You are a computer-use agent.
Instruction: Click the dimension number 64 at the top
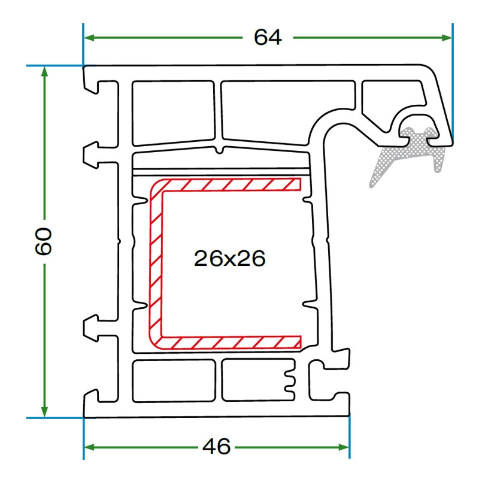(267, 37)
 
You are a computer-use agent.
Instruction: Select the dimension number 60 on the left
(44, 241)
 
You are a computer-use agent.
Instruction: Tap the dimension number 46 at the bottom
(216, 447)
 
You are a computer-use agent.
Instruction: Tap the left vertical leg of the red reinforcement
(154, 263)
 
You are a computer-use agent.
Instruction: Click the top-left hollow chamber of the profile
(172, 113)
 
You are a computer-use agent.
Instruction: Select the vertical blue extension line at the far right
(453, 84)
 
